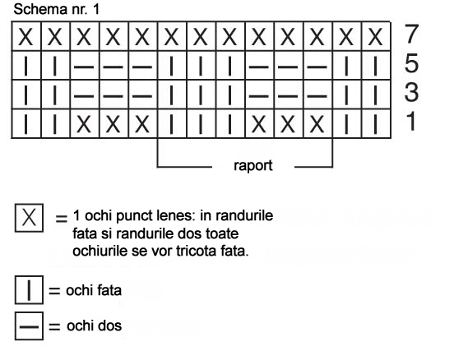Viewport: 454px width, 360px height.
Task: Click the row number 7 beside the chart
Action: tap(411, 34)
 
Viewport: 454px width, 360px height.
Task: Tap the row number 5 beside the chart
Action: tap(411, 63)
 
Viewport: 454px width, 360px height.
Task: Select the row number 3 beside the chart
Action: tap(411, 93)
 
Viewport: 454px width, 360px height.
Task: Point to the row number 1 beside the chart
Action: tap(411, 122)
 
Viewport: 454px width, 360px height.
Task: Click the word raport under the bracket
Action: tap(253, 166)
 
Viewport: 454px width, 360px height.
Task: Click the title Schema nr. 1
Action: tap(57, 9)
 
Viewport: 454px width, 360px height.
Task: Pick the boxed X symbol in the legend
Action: tap(29, 218)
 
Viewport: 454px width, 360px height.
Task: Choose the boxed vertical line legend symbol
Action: tap(29, 290)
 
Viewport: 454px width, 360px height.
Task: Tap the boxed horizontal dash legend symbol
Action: tap(29, 325)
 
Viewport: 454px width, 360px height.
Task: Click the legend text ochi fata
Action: tap(94, 290)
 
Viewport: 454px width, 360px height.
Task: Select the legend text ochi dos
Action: tap(94, 325)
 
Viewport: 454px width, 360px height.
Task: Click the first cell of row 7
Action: tap(26, 36)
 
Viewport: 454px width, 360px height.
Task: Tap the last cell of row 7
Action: tap(376, 36)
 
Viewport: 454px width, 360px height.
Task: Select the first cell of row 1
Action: tap(26, 123)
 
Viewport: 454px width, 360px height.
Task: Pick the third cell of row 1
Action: tap(85, 123)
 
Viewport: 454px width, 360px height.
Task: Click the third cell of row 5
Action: tap(85, 66)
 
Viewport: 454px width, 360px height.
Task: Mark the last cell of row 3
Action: tap(376, 95)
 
